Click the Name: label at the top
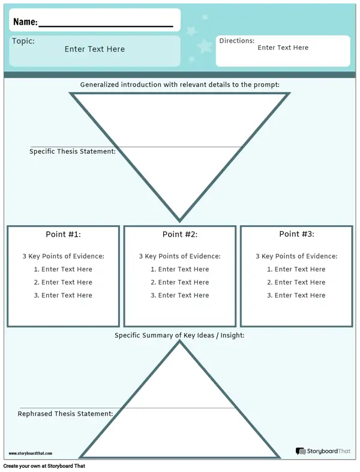(26, 22)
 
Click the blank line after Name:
(106, 26)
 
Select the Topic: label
(23, 41)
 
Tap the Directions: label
(236, 41)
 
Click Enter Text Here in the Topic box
(94, 49)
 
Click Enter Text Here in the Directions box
(283, 47)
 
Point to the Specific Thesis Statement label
(73, 151)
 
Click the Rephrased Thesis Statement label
(65, 414)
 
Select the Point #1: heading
(63, 234)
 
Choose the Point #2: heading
(180, 234)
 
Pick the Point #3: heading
(296, 234)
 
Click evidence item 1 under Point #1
(63, 269)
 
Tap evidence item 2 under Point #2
(179, 282)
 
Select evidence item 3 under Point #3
(296, 295)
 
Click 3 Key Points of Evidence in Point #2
(179, 256)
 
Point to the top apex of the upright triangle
(180, 341)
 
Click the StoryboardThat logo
(323, 451)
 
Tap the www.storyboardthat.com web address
(31, 453)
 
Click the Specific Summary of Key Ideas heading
(179, 335)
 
